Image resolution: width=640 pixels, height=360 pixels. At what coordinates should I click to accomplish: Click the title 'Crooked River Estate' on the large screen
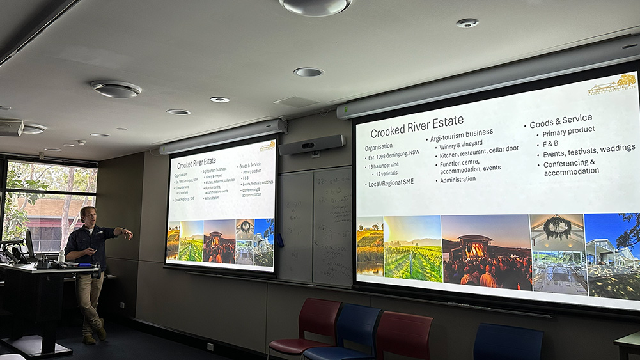[417, 127]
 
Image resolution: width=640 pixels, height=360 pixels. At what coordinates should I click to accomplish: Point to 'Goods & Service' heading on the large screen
[560, 120]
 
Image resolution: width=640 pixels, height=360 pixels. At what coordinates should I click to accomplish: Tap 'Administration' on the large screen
[458, 179]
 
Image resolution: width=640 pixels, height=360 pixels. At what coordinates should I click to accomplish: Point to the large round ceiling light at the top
[315, 6]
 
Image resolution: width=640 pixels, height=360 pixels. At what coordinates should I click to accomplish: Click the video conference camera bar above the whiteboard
[311, 145]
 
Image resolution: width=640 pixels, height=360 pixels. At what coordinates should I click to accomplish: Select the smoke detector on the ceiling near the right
[467, 23]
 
